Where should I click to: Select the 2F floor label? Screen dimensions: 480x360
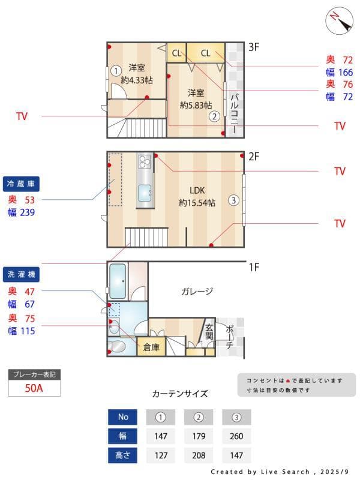[x=254, y=157]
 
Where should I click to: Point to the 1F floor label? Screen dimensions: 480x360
[x=254, y=267]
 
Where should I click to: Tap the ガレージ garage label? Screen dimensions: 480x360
[x=197, y=292]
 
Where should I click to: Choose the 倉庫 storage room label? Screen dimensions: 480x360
[x=151, y=346]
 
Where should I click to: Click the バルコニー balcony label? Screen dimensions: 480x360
[x=235, y=113]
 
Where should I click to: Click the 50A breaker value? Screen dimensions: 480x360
[x=34, y=388]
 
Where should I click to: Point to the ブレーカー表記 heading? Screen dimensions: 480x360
[x=34, y=374]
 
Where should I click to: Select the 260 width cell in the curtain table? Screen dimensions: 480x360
[x=236, y=436]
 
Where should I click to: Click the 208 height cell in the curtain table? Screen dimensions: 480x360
[x=199, y=455]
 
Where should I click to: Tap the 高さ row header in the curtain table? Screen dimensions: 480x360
[x=123, y=455]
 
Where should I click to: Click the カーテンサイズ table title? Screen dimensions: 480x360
[x=180, y=394]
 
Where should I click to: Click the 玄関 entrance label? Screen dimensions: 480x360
[x=209, y=332]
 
